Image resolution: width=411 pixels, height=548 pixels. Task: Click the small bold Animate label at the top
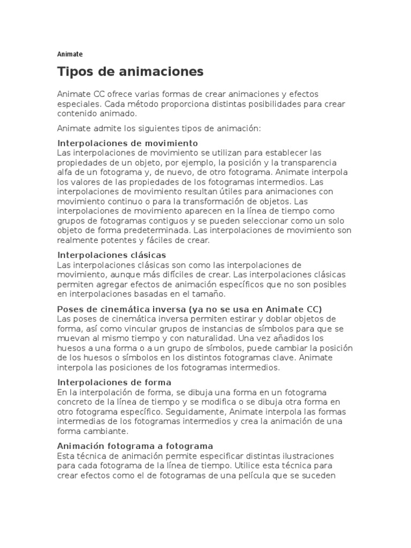(x=70, y=54)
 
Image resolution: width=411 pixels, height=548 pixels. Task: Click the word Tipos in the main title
(x=75, y=72)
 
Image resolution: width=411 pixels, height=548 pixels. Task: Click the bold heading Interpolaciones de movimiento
(x=127, y=143)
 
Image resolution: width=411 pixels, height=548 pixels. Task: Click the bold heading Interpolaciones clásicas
(x=111, y=255)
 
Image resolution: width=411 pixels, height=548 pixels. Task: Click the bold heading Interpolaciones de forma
(x=114, y=382)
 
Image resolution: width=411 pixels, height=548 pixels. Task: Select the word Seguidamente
(x=196, y=412)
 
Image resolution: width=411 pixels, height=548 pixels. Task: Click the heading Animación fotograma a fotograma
(x=135, y=446)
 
